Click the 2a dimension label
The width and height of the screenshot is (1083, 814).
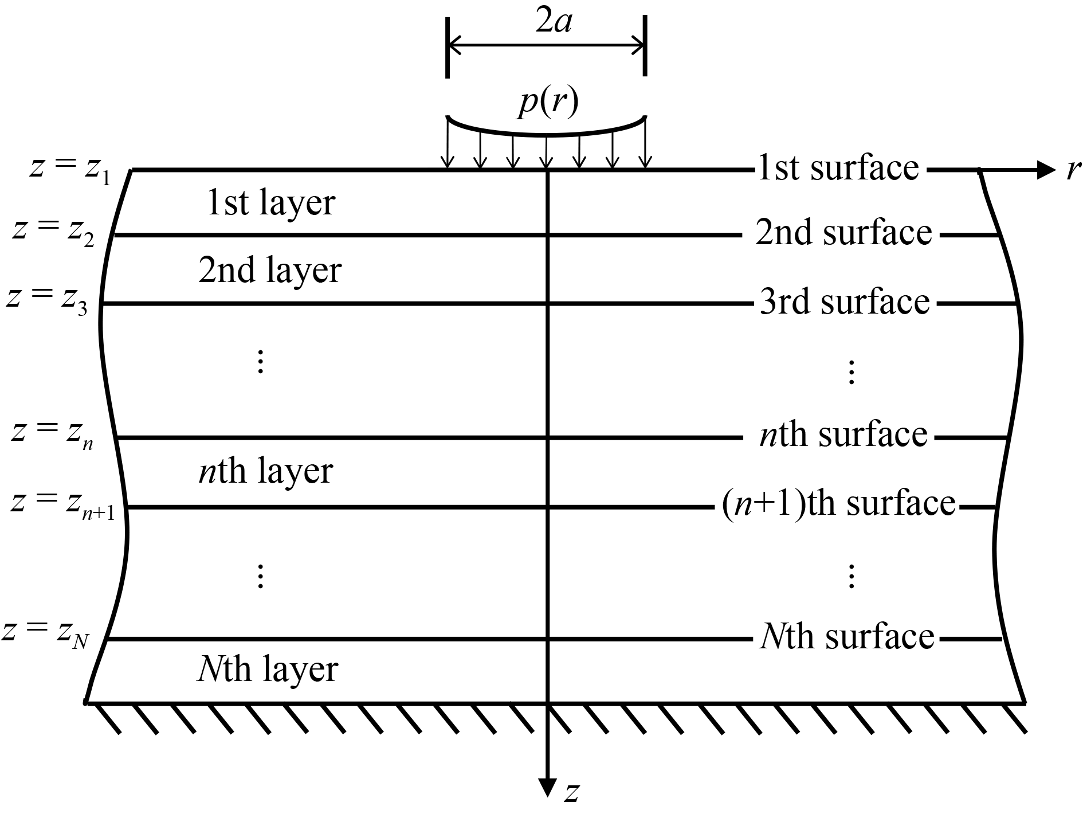click(553, 24)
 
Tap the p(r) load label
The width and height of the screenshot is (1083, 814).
click(547, 104)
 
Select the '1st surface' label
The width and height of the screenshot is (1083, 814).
click(838, 168)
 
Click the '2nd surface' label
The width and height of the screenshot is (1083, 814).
click(843, 233)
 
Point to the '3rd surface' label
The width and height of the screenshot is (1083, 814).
click(845, 302)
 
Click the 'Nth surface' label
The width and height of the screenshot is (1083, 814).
click(847, 636)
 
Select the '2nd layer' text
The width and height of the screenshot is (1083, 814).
click(270, 271)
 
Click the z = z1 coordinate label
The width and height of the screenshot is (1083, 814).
click(69, 170)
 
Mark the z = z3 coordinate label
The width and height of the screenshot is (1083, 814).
click(46, 301)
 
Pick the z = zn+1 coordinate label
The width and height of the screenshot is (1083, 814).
click(63, 504)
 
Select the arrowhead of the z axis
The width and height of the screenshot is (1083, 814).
click(548, 788)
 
